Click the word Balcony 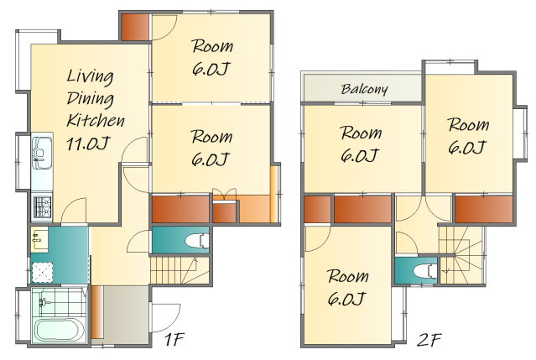[364, 89]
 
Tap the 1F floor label [174, 339]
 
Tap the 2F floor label [429, 340]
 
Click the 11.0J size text [88, 143]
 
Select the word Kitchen [96, 120]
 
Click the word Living [90, 76]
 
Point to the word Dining [91, 99]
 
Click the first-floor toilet [197, 240]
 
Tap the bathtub [60, 330]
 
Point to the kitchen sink [42, 153]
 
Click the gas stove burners [43, 207]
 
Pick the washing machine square [43, 273]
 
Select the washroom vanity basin [39, 236]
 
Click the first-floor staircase [180, 270]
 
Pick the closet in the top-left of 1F [135, 27]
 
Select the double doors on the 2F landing [424, 209]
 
